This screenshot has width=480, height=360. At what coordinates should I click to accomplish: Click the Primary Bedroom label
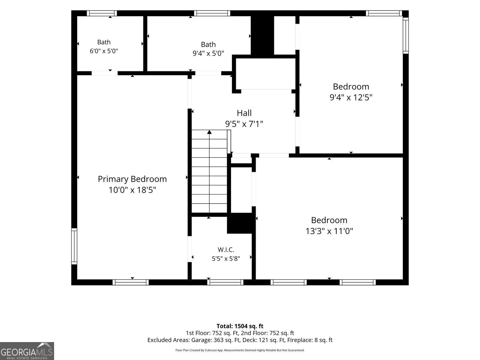(132, 179)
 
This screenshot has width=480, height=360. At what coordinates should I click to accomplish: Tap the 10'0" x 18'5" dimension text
(132, 190)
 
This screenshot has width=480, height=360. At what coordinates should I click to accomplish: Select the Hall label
(244, 113)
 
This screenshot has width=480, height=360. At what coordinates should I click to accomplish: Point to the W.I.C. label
(226, 249)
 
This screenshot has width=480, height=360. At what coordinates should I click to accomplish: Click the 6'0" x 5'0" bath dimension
(104, 51)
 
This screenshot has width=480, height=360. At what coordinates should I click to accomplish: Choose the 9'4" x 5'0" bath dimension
(208, 53)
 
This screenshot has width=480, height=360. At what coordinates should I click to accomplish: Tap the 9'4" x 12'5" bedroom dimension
(351, 97)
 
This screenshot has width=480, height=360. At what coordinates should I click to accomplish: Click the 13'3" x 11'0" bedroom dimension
(329, 231)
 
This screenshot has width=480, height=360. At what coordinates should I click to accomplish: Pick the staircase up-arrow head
(209, 132)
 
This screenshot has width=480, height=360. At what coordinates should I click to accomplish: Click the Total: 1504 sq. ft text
(240, 326)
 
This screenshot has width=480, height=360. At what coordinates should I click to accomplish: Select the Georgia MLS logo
(27, 351)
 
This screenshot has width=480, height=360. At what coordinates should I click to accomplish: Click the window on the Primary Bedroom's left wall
(74, 246)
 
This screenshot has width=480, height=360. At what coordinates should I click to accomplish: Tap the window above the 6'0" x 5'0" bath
(102, 13)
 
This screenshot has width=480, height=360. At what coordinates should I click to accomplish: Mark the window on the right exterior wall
(406, 36)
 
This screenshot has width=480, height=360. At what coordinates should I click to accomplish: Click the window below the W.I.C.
(225, 282)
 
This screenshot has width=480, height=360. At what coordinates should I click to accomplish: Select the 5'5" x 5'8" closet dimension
(226, 259)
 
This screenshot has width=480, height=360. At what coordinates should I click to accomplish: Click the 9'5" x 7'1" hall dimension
(244, 124)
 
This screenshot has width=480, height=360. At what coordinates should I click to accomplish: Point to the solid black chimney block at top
(262, 35)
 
